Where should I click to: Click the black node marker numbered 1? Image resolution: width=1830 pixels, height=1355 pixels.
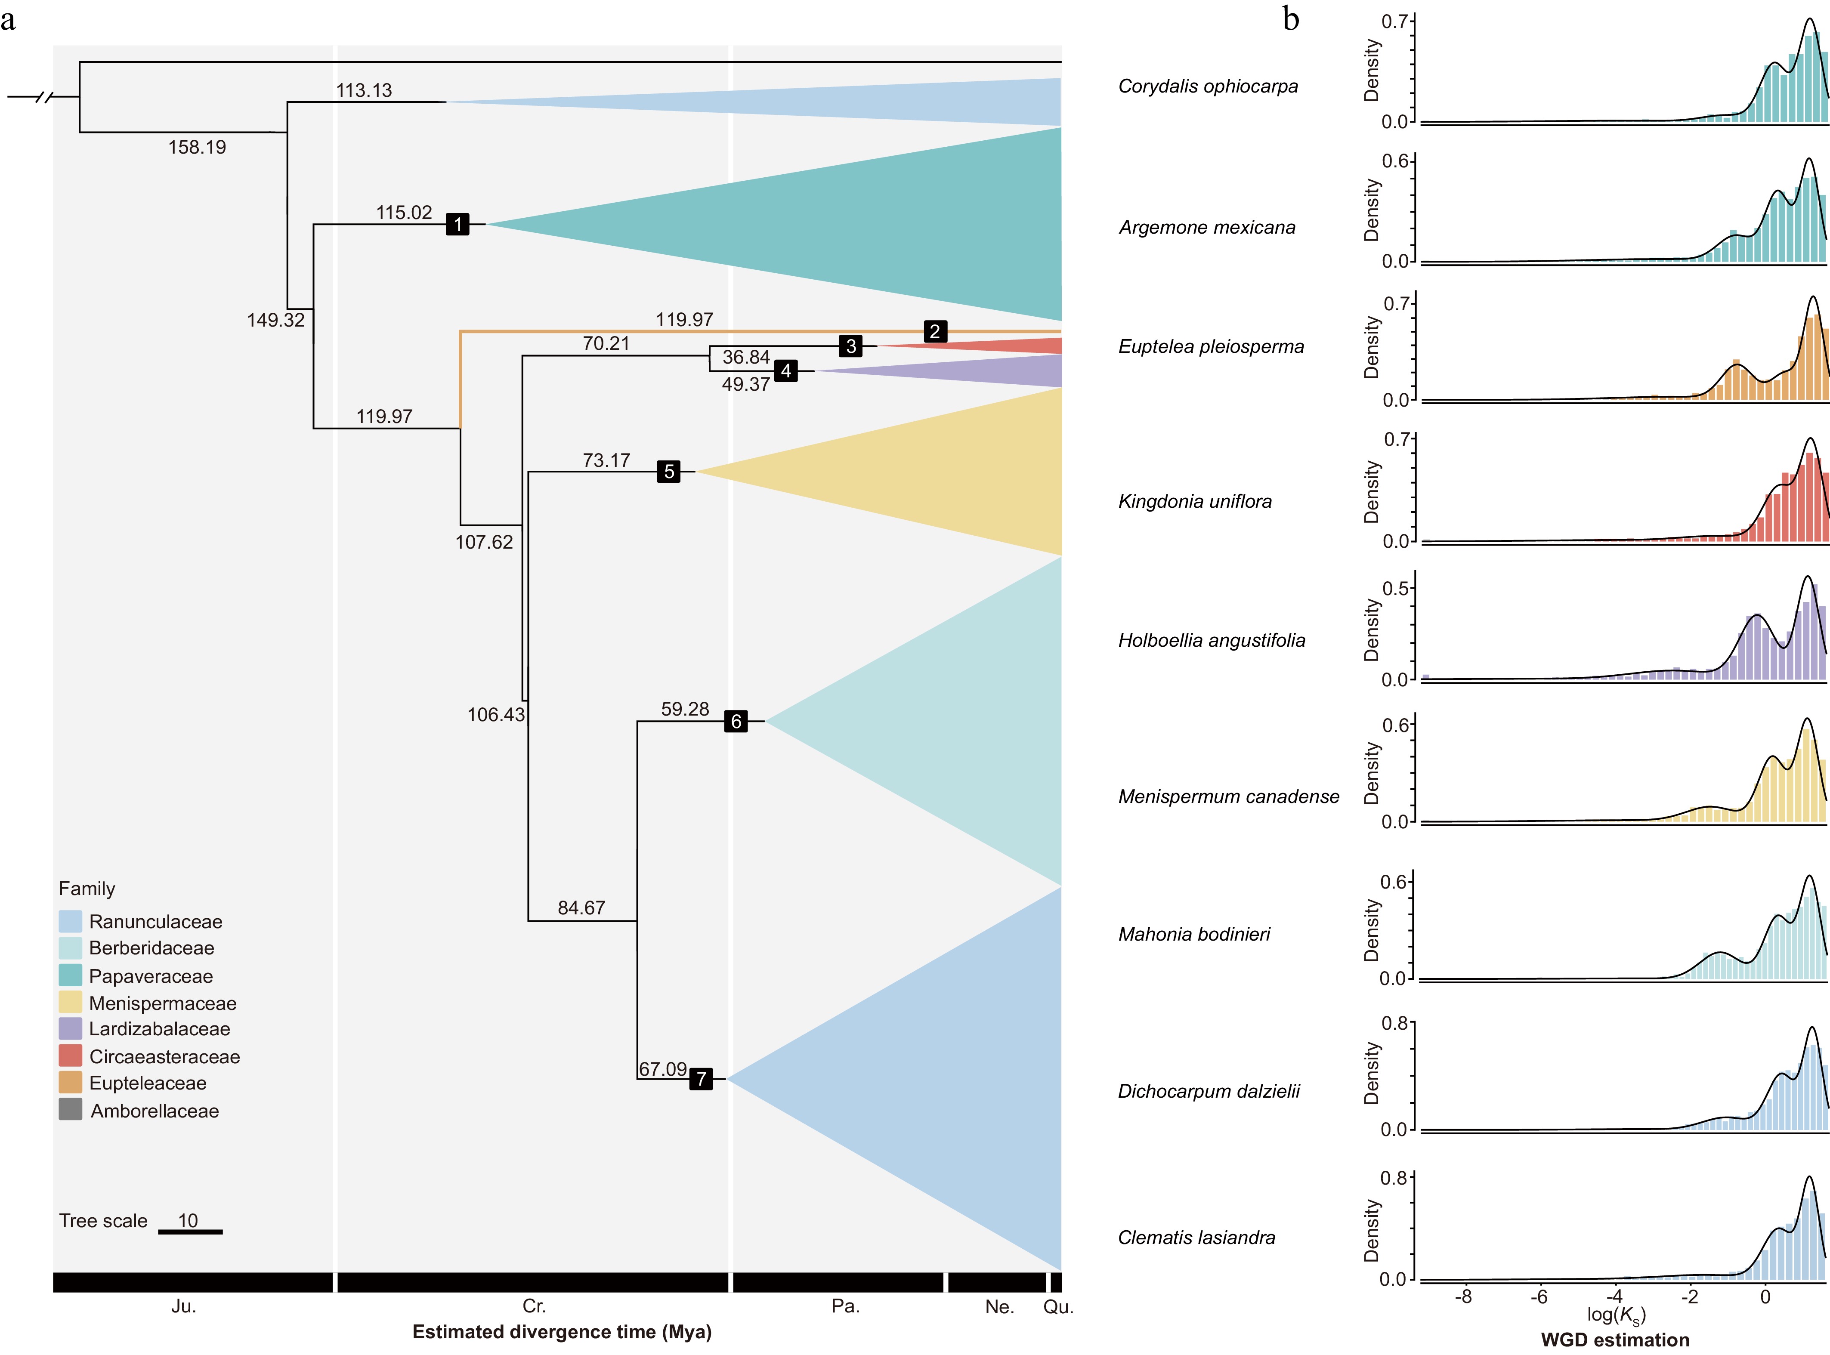coord(457,224)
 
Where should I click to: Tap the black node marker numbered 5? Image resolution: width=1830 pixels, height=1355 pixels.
coord(668,472)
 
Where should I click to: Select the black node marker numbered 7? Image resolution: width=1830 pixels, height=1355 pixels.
coord(701,1079)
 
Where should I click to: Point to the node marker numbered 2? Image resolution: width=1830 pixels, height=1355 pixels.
coord(934,331)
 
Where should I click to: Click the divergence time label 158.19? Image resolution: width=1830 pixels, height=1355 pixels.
coord(197,148)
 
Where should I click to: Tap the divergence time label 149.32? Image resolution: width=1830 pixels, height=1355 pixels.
coord(275,320)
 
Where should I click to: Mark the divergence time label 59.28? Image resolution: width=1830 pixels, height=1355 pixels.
coord(685,709)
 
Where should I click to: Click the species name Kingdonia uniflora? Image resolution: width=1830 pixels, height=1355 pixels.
coord(1194,501)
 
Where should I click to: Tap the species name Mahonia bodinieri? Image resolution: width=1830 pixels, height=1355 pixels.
coord(1193,934)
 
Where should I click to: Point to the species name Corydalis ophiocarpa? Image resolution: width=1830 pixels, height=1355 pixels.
coord(1207,86)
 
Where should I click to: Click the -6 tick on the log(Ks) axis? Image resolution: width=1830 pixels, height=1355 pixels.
coord(1539,1297)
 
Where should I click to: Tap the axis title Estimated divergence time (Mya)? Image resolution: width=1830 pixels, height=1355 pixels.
coord(562,1332)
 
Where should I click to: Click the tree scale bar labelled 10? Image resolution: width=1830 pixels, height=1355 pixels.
coord(190,1231)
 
